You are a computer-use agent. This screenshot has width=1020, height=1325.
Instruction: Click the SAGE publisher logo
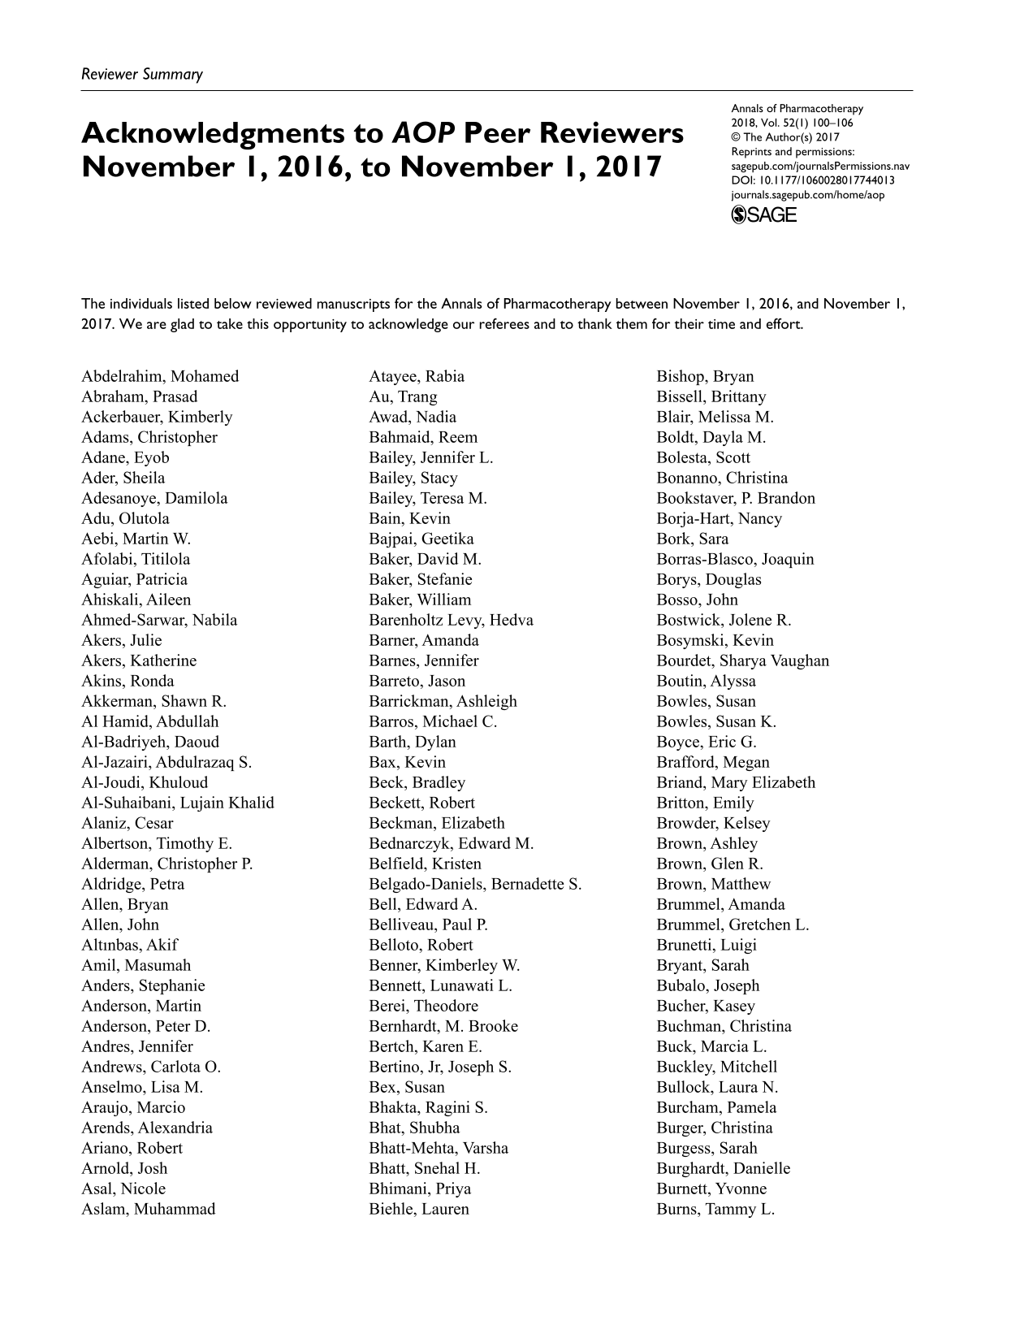[x=764, y=214]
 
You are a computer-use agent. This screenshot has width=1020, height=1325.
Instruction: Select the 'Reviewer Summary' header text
[x=142, y=75]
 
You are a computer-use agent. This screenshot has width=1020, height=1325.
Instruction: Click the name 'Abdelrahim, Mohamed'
[x=160, y=376]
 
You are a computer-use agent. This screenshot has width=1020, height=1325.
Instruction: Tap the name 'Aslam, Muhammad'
[x=149, y=1209]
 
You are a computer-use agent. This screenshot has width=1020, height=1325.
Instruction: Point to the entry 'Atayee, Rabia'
[x=417, y=376]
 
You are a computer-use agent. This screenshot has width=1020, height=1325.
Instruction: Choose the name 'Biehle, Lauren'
[x=419, y=1209]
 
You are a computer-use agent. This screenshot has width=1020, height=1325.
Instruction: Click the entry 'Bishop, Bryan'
[x=705, y=376]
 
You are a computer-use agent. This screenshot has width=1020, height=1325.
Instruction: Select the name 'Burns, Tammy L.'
[x=715, y=1209]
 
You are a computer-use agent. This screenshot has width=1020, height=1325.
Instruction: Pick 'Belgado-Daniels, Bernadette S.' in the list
[x=475, y=884]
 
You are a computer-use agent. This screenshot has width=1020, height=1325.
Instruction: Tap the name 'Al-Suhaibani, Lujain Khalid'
[x=178, y=803]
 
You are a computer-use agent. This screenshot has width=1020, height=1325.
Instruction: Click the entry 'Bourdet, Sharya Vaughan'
[x=743, y=660]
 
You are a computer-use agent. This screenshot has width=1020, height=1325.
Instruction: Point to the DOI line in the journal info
[x=813, y=180]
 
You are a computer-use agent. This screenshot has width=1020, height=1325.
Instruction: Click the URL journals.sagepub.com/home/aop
[x=808, y=195]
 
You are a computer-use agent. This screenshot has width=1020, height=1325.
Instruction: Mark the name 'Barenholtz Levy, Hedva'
[x=451, y=620]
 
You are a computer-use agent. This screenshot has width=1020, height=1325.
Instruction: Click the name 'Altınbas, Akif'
[x=129, y=945]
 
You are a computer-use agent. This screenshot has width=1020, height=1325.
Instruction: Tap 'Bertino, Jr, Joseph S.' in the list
[x=440, y=1067]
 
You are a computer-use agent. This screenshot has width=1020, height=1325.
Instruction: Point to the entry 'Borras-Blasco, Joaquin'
[x=735, y=559]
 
